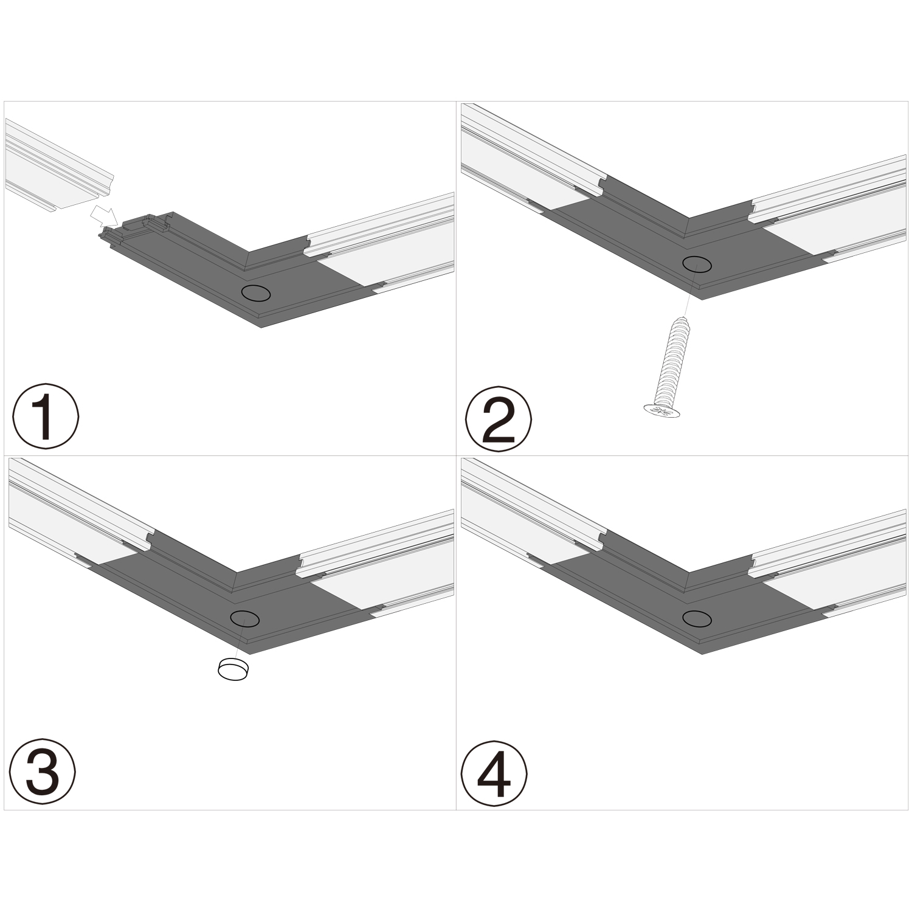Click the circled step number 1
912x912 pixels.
click(x=46, y=416)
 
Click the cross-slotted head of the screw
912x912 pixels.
click(x=662, y=412)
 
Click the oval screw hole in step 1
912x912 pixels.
click(x=255, y=292)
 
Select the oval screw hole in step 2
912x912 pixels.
click(x=697, y=264)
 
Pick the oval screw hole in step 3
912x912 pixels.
click(x=245, y=618)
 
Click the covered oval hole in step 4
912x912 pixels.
click(x=697, y=618)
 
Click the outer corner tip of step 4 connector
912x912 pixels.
click(x=703, y=652)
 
